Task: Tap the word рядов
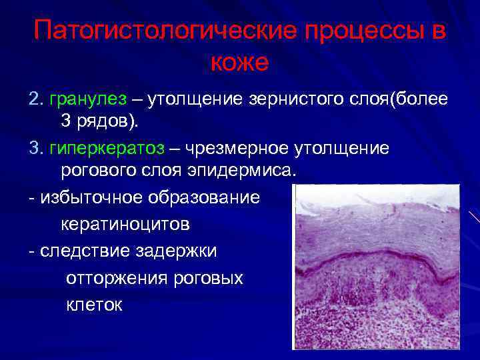pyautogui.click(x=107, y=122)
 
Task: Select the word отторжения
pyautogui.click(x=116, y=278)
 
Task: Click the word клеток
pyautogui.click(x=94, y=305)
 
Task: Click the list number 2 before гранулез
pyautogui.click(x=35, y=99)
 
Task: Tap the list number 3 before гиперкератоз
pyautogui.click(x=35, y=148)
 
